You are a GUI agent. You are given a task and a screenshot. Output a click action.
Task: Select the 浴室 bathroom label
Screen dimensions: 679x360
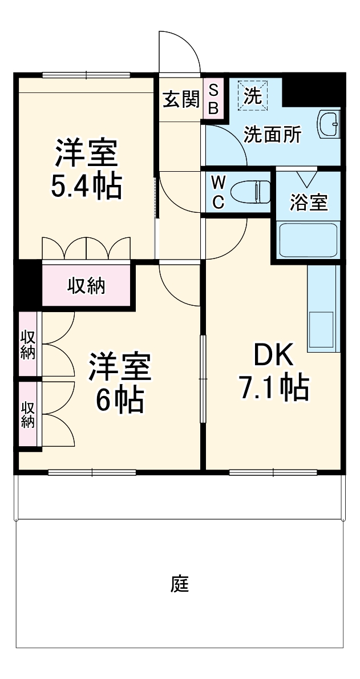(x=309, y=202)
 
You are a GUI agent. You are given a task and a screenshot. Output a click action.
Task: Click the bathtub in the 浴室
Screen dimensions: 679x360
(x=308, y=240)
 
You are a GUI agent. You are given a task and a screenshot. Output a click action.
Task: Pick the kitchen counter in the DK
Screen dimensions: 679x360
(x=323, y=308)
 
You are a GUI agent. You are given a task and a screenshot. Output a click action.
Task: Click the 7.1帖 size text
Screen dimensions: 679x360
(x=273, y=389)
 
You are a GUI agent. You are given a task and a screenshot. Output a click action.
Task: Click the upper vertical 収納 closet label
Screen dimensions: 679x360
(x=27, y=345)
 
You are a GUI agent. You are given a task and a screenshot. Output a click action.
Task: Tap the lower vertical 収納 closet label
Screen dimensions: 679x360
(x=27, y=414)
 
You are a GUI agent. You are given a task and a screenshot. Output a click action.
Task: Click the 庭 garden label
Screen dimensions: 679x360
(x=179, y=584)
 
